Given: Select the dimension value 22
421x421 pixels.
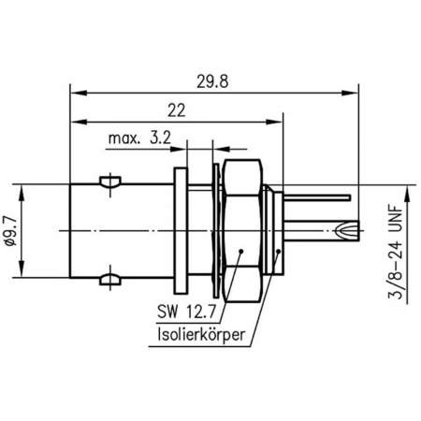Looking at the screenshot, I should point(174,110).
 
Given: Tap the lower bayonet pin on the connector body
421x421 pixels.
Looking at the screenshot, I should point(111,279).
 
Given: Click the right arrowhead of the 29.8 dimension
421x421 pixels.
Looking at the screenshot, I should point(357,93).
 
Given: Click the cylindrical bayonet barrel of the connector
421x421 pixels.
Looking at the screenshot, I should point(103,229).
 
